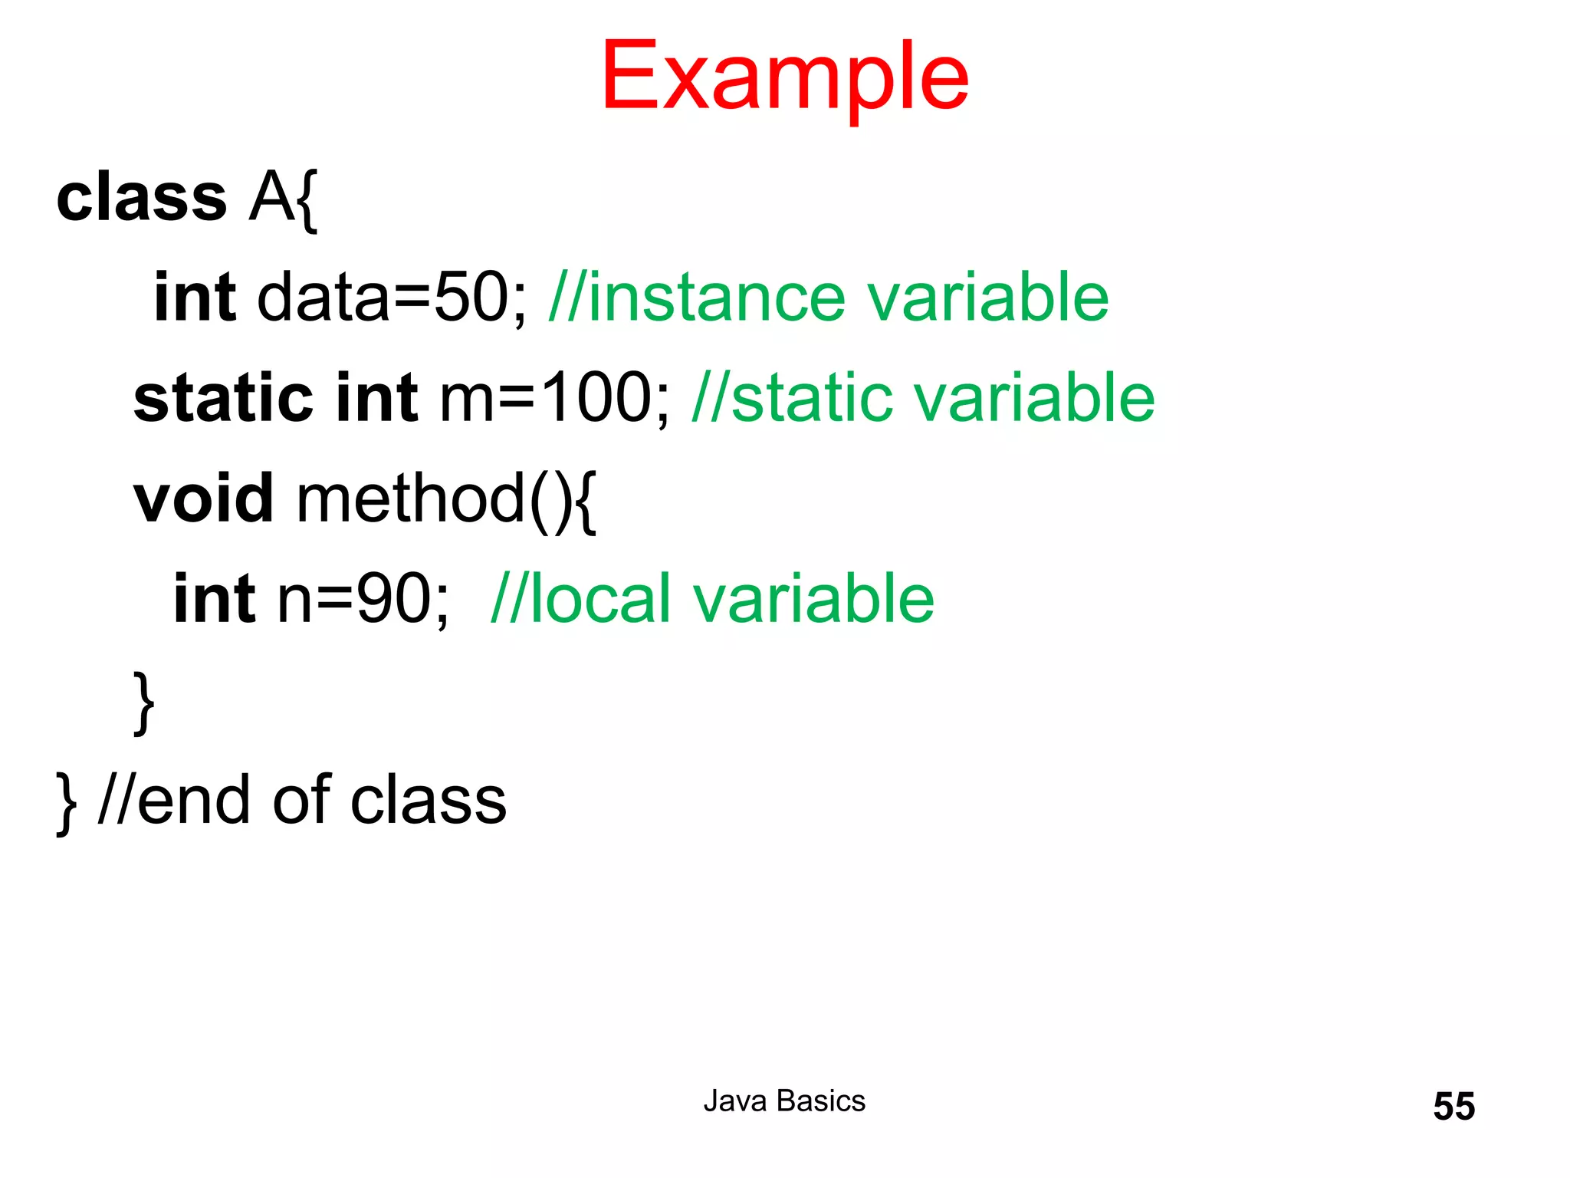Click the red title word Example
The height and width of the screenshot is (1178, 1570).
tap(784, 77)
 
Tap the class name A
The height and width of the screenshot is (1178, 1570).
tap(271, 198)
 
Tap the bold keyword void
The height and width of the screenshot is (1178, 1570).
tap(203, 499)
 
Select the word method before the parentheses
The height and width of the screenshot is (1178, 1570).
tap(411, 499)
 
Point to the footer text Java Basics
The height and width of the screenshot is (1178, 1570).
tap(784, 1101)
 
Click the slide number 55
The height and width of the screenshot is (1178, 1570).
tap(1453, 1107)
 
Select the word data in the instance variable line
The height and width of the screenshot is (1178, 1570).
tap(324, 298)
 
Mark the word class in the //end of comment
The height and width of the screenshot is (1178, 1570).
tap(429, 800)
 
